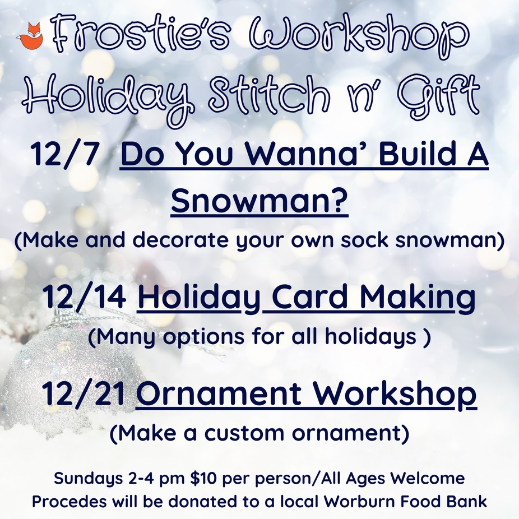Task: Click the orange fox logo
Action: [x=30, y=36]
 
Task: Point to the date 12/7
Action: [x=65, y=155]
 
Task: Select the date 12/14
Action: [x=84, y=296]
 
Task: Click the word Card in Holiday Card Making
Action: [x=312, y=296]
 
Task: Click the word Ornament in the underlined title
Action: [x=219, y=393]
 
